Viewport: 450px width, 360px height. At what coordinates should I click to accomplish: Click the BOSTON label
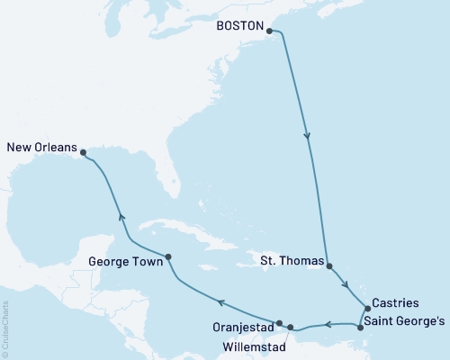click(x=240, y=28)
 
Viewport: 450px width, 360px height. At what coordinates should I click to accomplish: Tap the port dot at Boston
click(x=269, y=30)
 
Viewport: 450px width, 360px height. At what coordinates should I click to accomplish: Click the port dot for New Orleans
click(x=83, y=152)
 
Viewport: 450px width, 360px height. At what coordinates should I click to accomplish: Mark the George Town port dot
click(x=168, y=257)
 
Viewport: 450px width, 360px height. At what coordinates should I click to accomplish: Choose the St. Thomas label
click(x=291, y=262)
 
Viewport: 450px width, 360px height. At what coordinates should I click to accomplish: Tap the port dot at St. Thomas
click(x=329, y=266)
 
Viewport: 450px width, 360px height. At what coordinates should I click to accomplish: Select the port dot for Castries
click(x=367, y=308)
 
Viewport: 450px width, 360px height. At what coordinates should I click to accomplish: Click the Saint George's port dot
click(x=361, y=328)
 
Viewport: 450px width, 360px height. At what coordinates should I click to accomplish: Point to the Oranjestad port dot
click(x=280, y=323)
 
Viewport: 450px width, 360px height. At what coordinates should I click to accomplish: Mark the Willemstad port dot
click(x=291, y=327)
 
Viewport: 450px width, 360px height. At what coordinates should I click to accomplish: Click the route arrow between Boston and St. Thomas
click(x=309, y=138)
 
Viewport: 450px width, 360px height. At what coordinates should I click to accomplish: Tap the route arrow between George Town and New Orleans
click(x=121, y=216)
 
